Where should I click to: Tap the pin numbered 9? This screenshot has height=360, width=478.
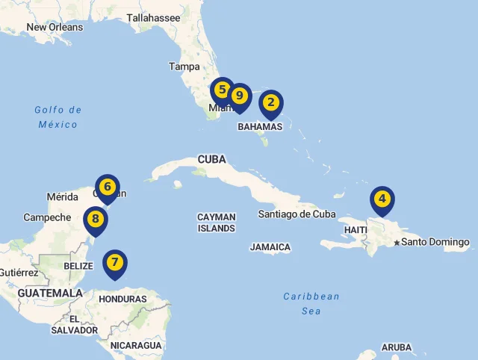pos(239,96)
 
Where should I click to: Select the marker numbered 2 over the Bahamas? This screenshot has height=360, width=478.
pos(271,103)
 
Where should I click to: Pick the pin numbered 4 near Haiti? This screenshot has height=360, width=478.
pos(382,199)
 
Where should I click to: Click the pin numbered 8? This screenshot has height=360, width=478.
pos(95,220)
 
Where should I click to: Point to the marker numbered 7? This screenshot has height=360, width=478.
pos(114,263)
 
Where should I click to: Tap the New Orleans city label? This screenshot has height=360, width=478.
pos(55,28)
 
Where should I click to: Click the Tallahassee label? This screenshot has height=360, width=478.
pos(153,18)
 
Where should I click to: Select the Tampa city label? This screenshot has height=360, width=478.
pos(184,66)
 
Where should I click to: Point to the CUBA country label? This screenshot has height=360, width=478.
pos(211,159)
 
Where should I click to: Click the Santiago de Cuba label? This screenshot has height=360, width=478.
pos(297,214)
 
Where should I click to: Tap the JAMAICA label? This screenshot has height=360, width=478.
pos(270,247)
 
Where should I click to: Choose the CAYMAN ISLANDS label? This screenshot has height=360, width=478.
pos(217,223)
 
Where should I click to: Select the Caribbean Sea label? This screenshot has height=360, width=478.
pos(311,303)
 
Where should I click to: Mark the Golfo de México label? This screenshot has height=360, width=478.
pos(58,117)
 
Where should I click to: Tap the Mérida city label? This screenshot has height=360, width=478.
pos(63,197)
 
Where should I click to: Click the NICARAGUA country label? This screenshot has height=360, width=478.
pos(136,346)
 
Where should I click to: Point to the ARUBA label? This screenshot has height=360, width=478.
pos(396,347)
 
